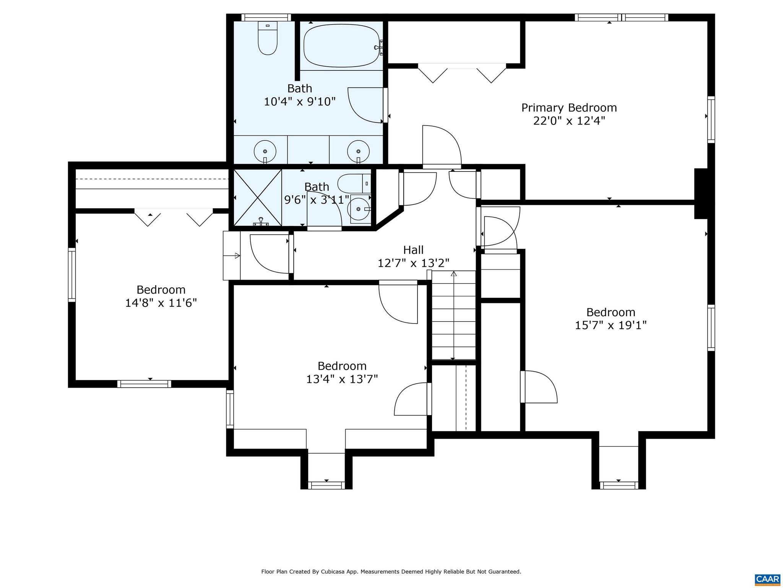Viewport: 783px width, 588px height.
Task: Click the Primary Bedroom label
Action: pyautogui.click(x=569, y=108)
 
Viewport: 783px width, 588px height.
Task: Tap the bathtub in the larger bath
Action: pyautogui.click(x=341, y=46)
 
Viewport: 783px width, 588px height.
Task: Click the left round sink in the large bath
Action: pyautogui.click(x=265, y=151)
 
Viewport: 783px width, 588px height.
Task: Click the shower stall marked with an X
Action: pyautogui.click(x=257, y=198)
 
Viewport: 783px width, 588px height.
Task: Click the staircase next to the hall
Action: pyautogui.click(x=453, y=315)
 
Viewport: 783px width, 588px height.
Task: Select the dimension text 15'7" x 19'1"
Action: pyautogui.click(x=611, y=325)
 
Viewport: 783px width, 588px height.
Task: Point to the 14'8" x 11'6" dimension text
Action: pyautogui.click(x=161, y=303)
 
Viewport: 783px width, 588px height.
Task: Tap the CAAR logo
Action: pyautogui.click(x=767, y=579)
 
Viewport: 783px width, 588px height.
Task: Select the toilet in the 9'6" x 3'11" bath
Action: pyautogui.click(x=354, y=183)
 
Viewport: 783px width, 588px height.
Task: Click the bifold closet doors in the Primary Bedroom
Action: pyautogui.click(x=462, y=73)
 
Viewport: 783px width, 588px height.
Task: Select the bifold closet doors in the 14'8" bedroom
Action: pyautogui.click(x=173, y=217)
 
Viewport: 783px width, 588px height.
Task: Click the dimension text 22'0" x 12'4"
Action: pyautogui.click(x=569, y=121)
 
